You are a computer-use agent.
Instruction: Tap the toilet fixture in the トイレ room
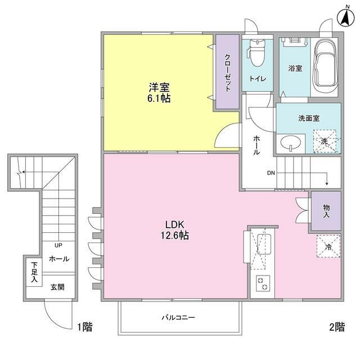256,52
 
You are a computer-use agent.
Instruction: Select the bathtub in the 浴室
324,66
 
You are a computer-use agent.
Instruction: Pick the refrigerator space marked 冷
328,246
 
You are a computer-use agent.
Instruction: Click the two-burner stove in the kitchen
263,283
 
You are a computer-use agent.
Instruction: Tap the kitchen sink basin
264,244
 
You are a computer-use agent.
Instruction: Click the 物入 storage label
326,211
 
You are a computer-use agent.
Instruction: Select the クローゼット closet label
227,73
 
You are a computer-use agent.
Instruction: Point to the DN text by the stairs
271,173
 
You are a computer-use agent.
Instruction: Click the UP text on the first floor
58,245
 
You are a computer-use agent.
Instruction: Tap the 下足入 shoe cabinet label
34,272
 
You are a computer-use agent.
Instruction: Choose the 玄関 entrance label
57,287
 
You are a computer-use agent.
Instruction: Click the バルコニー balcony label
178,317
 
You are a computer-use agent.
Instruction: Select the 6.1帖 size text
159,98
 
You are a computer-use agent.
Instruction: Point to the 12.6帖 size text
175,236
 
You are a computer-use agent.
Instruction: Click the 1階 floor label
85,327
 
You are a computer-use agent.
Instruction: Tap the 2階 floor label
337,327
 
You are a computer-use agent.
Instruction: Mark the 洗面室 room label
309,118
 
